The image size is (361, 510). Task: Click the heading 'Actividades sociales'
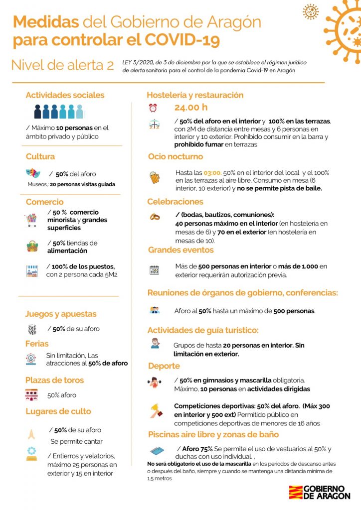[x=65, y=95]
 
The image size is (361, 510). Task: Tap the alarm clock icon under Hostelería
[x=153, y=108]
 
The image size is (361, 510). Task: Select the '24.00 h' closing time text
[x=191, y=108]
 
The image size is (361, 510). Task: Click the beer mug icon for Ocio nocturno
[x=155, y=178]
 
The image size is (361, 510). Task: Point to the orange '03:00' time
[x=213, y=172]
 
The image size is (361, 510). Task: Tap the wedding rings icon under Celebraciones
[x=154, y=218]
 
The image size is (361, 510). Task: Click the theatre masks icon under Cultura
[x=32, y=173]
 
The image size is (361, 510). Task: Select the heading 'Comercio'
[x=45, y=202]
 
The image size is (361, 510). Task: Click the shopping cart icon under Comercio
[x=30, y=220]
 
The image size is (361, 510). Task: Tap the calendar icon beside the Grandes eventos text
[x=154, y=270]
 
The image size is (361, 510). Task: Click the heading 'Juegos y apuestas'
[x=61, y=314]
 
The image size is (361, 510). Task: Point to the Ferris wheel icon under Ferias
[x=31, y=359]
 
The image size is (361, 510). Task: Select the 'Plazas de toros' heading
[x=55, y=380]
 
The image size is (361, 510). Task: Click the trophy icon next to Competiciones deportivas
[x=155, y=410]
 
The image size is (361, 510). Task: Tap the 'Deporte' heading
[x=164, y=366]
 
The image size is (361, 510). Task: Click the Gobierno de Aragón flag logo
[x=295, y=493]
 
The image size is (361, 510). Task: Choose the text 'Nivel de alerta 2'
[x=63, y=65]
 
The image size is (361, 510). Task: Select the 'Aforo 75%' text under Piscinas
[x=197, y=449]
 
